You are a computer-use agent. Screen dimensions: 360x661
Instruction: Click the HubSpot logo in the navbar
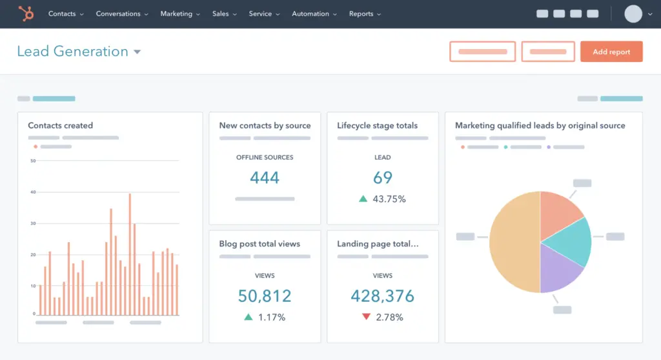click(26, 14)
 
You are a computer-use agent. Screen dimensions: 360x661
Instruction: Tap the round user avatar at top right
click(633, 14)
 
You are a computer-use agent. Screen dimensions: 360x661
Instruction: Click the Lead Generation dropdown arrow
click(137, 52)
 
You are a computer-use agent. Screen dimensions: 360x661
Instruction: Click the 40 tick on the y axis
click(33, 192)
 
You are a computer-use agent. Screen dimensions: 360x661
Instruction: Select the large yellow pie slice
click(514, 242)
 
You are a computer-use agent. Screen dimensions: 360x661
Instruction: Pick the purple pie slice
click(560, 271)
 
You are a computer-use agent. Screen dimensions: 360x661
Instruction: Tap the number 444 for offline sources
click(265, 178)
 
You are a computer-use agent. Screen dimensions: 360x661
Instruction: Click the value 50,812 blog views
click(265, 296)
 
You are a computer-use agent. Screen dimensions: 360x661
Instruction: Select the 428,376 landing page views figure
click(382, 296)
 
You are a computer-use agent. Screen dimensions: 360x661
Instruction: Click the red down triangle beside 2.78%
click(366, 317)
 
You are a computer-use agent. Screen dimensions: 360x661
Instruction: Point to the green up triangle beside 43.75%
click(363, 199)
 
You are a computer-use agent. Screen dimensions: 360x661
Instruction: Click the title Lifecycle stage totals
click(377, 125)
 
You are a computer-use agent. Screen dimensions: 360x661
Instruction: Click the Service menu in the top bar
click(260, 14)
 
